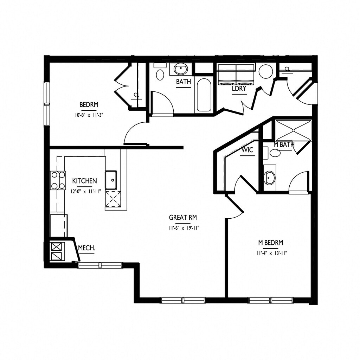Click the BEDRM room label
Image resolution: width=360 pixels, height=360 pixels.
89,104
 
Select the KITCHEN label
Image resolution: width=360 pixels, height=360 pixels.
84,181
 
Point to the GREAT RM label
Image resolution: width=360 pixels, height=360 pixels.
182,217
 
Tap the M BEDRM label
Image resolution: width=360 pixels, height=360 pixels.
271,243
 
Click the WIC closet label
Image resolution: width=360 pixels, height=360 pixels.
247,150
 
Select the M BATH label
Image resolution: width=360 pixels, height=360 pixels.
284,144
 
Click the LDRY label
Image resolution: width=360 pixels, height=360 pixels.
239,89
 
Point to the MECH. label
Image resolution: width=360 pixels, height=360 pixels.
86,248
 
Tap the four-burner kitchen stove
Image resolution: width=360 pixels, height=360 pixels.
58,180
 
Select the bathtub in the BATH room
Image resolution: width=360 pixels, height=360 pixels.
204,95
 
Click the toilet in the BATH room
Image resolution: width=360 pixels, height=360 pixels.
160,74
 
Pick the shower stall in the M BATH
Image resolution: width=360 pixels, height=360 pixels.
293,130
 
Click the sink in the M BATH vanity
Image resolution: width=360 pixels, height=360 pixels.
270,178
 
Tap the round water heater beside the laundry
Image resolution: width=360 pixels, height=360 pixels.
266,71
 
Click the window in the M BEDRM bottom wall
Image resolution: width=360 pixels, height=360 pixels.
271,300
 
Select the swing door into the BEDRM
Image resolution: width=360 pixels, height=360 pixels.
135,134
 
